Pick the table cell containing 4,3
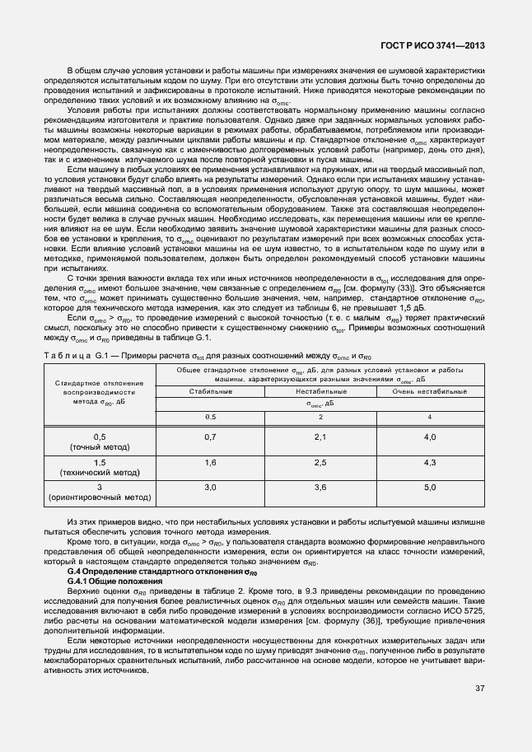(429, 464)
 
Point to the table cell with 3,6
(320, 488)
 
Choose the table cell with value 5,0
(429, 488)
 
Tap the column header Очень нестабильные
(429, 391)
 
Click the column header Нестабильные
(320, 391)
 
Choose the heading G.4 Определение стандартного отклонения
(156, 571)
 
